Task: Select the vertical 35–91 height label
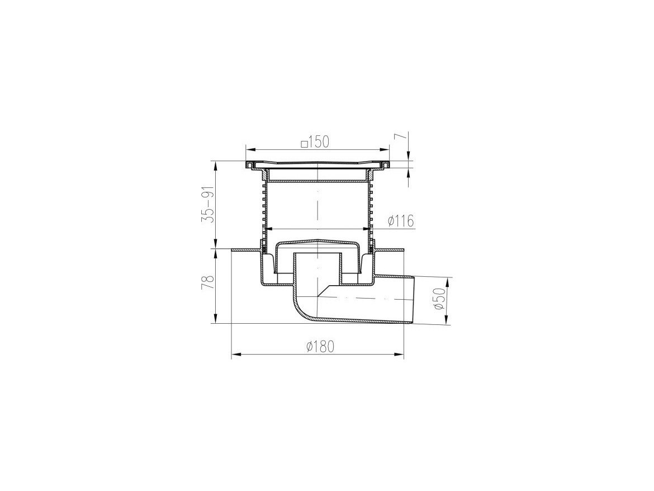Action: [208, 205]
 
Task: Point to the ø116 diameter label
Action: [401, 221]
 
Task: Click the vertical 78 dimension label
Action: [208, 282]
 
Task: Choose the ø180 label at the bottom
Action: [320, 346]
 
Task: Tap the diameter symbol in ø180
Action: [310, 346]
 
